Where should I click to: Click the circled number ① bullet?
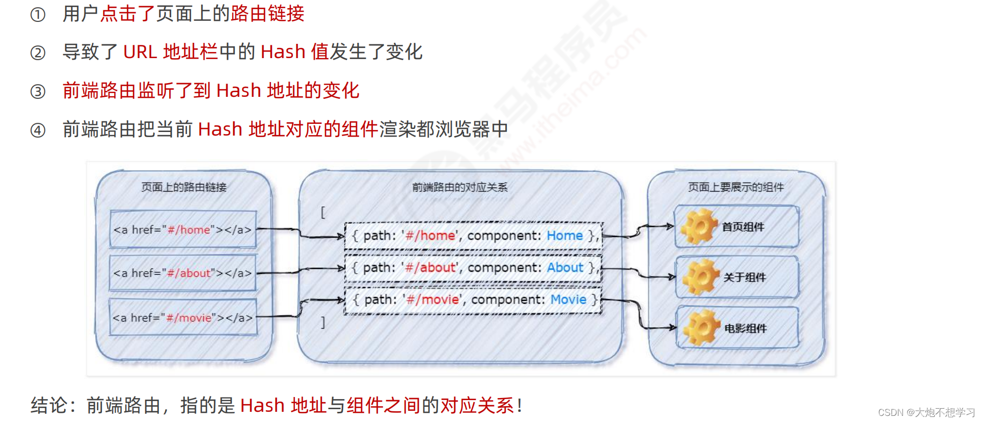38,15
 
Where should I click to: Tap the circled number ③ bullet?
38,92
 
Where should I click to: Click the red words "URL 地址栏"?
170,52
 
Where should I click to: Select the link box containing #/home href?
183,230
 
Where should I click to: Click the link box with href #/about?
183,273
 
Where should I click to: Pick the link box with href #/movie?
183,318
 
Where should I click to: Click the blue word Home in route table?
564,235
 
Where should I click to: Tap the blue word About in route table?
565,268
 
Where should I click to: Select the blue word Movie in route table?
568,300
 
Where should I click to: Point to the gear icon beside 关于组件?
700,277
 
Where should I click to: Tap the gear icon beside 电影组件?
701,328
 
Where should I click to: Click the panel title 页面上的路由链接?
183,187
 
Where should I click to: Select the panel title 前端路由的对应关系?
459,187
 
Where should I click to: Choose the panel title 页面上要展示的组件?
735,187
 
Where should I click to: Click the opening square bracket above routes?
322,212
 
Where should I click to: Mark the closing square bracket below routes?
322,322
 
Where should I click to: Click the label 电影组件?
745,328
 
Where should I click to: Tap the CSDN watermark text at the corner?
926,412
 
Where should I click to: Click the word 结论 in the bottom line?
49,406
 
